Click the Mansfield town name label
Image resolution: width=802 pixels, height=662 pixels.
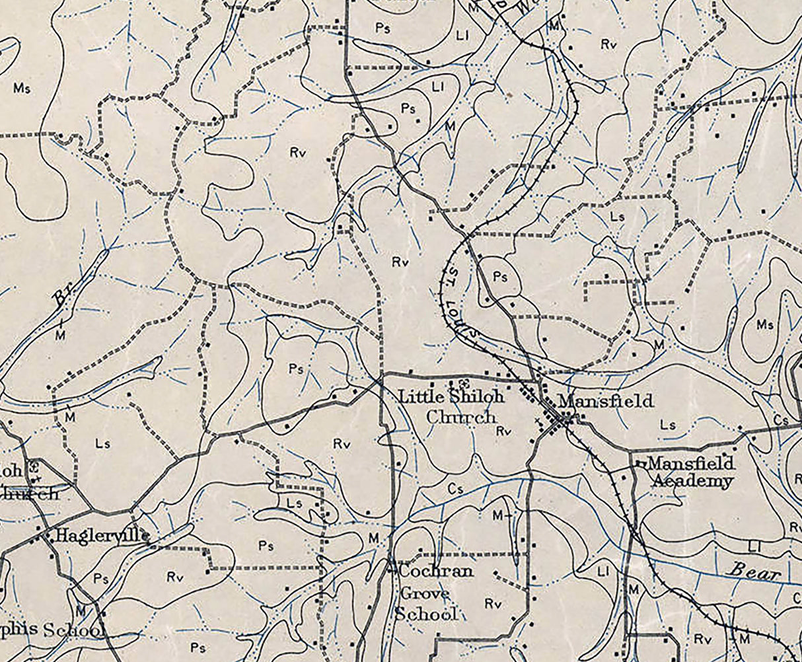[605, 401]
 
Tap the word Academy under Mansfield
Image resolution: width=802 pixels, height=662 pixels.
[692, 481]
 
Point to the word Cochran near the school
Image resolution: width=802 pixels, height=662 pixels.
[435, 571]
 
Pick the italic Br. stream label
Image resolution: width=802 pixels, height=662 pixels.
[63, 298]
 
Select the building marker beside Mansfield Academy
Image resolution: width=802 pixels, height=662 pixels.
[639, 464]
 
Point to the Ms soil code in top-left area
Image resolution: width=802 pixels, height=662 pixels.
[22, 88]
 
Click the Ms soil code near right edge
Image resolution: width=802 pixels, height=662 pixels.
[764, 325]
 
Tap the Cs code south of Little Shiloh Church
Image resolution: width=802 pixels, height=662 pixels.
[455, 489]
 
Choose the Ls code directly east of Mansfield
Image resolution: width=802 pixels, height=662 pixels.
[668, 425]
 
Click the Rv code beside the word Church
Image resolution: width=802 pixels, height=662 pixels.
[505, 431]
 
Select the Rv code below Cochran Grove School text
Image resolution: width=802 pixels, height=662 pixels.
[493, 603]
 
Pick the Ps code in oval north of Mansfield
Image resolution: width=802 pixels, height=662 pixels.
[500, 277]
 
